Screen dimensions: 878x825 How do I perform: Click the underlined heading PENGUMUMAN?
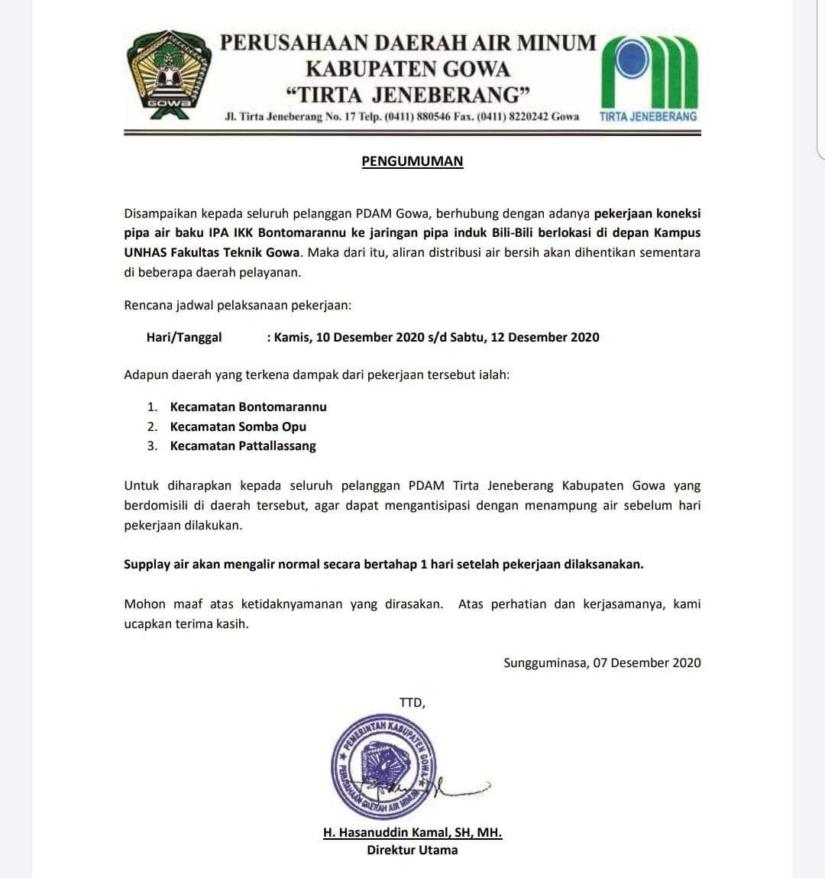click(412, 161)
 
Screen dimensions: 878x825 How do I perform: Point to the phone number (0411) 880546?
click(416, 117)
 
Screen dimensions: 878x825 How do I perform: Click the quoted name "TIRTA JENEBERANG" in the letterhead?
click(407, 95)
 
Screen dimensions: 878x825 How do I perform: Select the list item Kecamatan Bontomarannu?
click(247, 407)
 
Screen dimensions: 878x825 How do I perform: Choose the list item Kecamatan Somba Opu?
click(238, 426)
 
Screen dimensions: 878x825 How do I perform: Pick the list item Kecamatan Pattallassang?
click(242, 446)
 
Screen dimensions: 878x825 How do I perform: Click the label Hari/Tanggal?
click(184, 337)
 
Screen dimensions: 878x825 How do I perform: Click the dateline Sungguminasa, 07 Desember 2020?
click(602, 663)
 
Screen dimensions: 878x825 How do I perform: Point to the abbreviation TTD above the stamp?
click(411, 703)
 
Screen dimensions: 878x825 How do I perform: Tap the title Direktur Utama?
click(412, 850)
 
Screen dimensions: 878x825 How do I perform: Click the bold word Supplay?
click(149, 565)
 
